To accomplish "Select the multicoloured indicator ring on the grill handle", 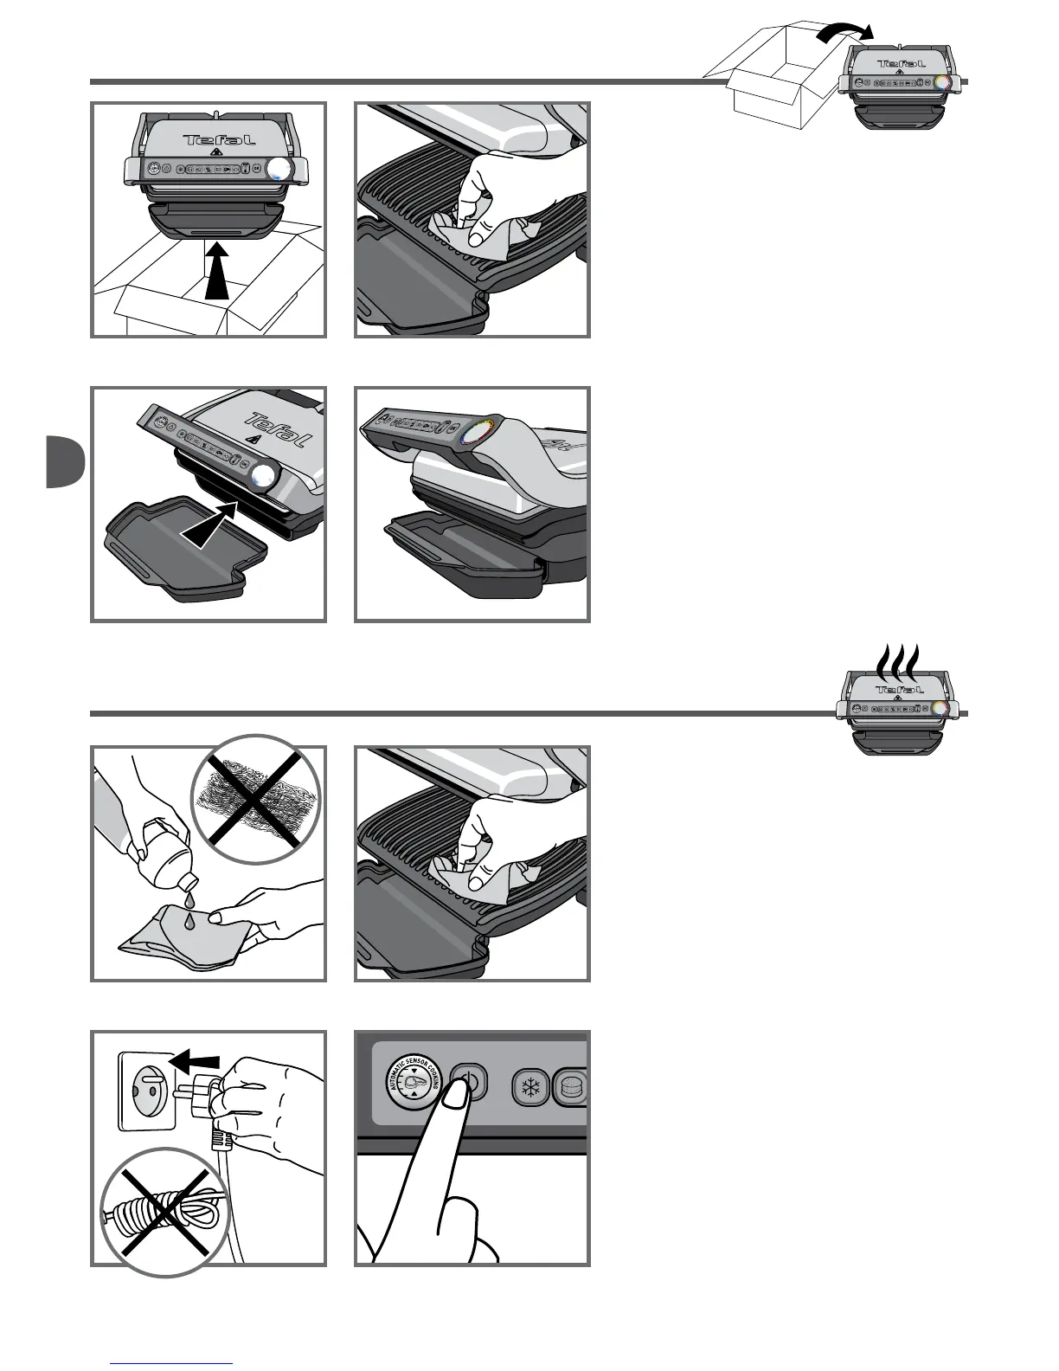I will (477, 430).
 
